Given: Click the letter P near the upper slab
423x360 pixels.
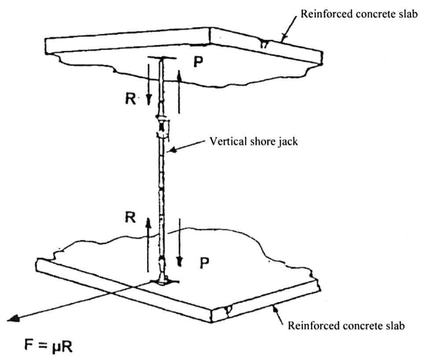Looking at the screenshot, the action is tap(198, 62).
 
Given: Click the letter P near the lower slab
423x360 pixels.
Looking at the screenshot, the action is tap(204, 263).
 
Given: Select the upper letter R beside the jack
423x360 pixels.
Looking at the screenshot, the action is tap(131, 99).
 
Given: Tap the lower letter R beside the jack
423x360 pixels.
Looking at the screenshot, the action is tap(131, 217).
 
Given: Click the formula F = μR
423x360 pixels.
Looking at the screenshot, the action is tap(48, 345).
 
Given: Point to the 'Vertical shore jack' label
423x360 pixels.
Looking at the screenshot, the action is tap(254, 141).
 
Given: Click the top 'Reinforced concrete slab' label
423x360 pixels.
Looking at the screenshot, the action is tap(359, 14).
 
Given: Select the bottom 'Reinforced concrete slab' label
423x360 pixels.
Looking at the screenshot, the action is tap(346, 325).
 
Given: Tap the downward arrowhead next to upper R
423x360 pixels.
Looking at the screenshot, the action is tap(148, 100).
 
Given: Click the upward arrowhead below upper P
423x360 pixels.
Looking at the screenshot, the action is tap(179, 75).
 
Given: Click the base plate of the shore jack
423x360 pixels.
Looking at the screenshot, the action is tap(163, 282).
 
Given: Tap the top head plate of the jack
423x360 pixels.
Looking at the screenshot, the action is tap(161, 59).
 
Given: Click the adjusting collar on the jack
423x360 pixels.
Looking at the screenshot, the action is tap(162, 126).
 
